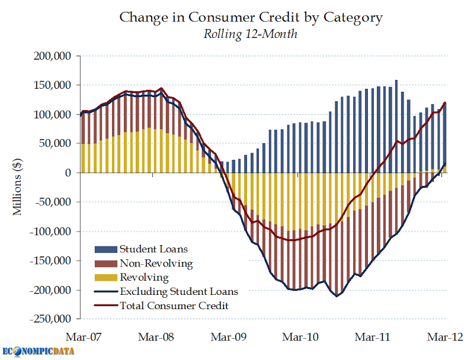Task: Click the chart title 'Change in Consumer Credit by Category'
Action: (251, 17)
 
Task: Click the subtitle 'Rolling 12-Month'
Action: (251, 34)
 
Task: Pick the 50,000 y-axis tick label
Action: (54, 144)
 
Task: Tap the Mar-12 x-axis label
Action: (445, 337)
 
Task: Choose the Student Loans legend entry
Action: (148, 248)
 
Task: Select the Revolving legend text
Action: (144, 277)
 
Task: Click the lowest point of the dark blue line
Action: (337, 296)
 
